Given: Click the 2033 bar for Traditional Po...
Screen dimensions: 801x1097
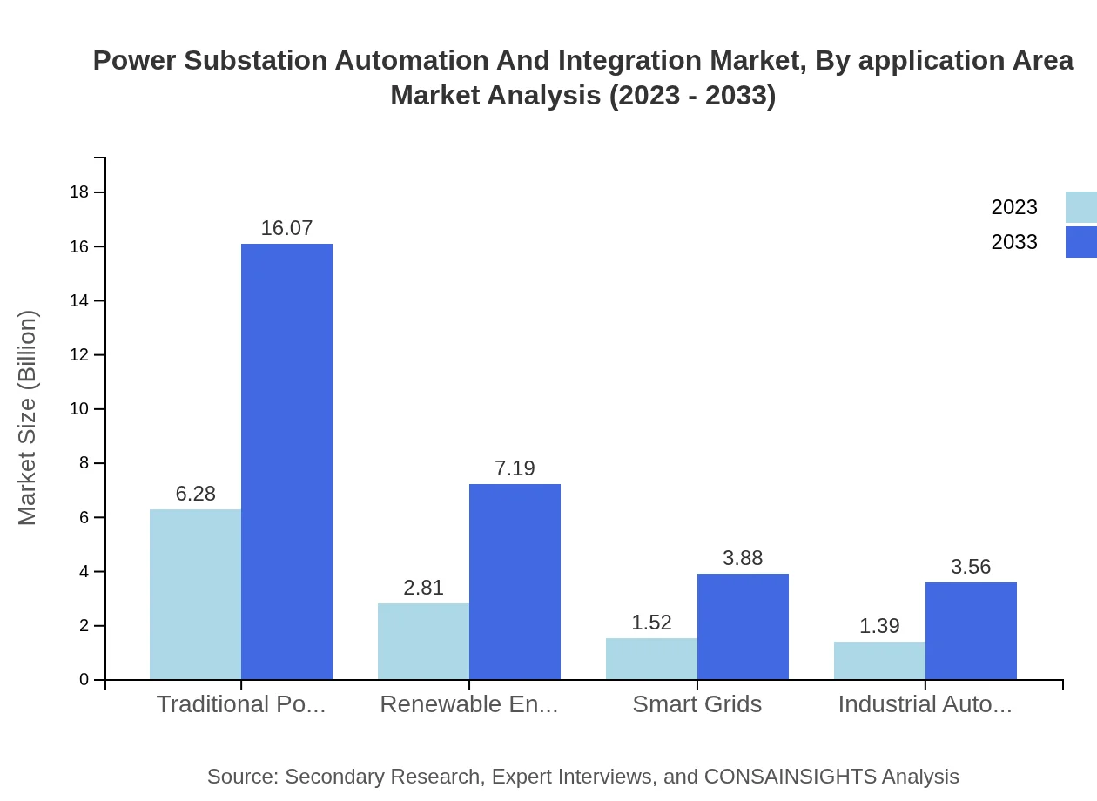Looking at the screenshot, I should (x=286, y=461).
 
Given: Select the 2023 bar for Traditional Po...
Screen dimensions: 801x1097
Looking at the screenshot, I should (x=195, y=594).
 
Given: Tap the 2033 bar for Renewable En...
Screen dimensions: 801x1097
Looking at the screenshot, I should (x=515, y=582).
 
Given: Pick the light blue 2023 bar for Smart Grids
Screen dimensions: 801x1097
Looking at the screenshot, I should (x=651, y=658).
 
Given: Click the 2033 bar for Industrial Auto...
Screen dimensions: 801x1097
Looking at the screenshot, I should (x=971, y=630).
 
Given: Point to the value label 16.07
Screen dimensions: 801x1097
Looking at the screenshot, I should (x=286, y=228).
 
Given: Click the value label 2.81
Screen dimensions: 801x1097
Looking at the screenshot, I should (x=423, y=588).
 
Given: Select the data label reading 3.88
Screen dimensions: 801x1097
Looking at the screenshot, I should (x=743, y=558).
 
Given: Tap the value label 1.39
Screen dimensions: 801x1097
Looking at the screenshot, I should (x=879, y=626).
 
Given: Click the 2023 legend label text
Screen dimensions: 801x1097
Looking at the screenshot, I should (x=1014, y=207).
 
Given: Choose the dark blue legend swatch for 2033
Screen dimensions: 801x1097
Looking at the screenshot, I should (x=1080, y=242).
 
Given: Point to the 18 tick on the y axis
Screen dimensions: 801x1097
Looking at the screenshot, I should (x=79, y=192).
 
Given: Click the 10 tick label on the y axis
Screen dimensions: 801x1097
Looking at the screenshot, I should (x=79, y=409).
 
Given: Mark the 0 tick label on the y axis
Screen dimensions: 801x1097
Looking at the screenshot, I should (x=84, y=679).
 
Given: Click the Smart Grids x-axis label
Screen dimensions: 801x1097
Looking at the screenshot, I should (x=697, y=704).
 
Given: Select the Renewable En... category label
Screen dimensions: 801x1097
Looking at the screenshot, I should (x=469, y=704).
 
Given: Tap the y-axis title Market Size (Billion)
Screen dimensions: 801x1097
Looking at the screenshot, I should (x=28, y=418).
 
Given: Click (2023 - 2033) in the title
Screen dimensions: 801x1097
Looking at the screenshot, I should (x=692, y=95).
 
